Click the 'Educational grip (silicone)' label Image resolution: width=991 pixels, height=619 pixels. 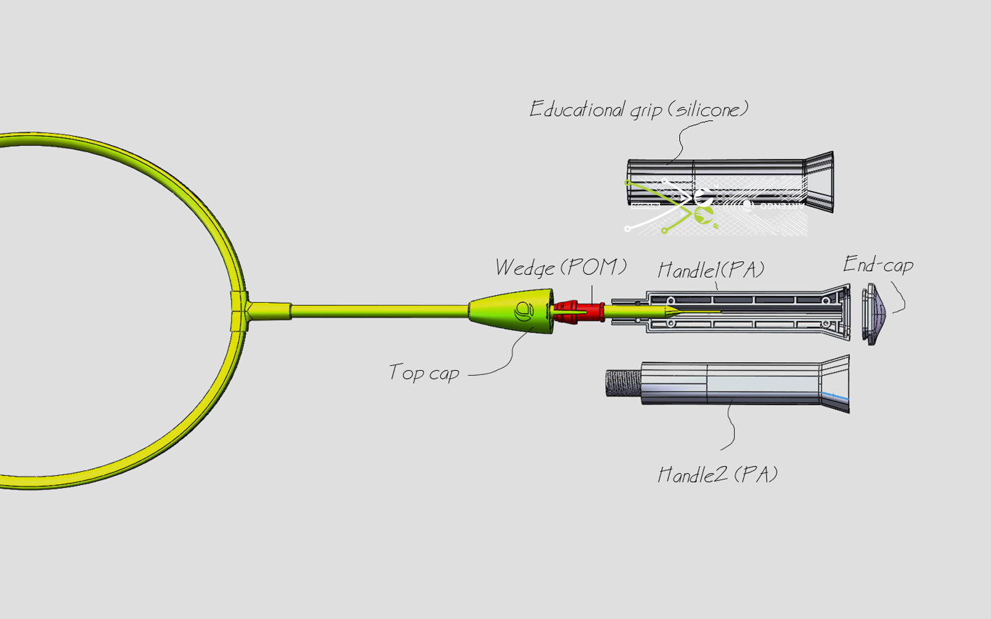[638, 110]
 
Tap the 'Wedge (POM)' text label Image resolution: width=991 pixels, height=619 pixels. [560, 267]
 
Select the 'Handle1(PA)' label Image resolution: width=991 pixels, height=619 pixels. [711, 269]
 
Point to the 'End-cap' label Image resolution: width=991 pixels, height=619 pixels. [878, 264]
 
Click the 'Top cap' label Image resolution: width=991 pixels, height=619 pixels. [424, 373]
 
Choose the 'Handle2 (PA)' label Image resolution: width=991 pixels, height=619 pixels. [717, 474]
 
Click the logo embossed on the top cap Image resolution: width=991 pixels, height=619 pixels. [524, 311]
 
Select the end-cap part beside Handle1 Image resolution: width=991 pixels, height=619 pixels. [875, 314]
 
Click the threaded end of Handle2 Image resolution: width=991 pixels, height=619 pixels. [623, 382]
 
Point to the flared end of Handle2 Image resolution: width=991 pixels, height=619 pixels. [835, 384]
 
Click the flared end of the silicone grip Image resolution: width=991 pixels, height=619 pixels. [820, 182]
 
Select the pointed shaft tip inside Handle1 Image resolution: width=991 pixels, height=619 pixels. [672, 312]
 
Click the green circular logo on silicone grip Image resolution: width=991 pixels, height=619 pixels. [703, 215]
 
